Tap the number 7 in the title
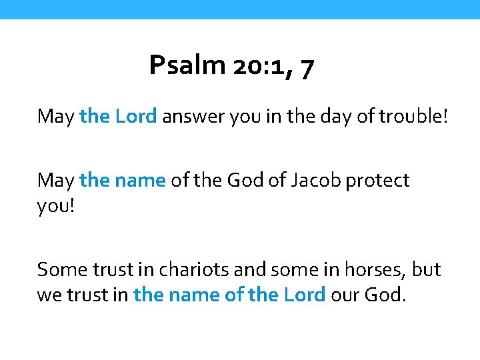(307, 67)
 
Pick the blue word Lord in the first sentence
(136, 117)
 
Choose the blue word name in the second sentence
(141, 181)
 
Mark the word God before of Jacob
(247, 180)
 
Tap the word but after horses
(427, 269)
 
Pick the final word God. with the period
(385, 293)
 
